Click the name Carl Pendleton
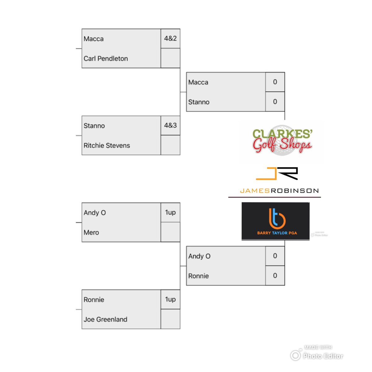[106, 59]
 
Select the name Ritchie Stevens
[107, 145]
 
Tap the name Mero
[91, 232]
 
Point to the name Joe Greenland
[105, 319]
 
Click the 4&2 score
[170, 38]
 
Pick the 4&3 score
[170, 125]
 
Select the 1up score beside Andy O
[170, 212]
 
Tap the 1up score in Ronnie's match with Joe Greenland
[170, 299]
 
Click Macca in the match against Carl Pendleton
[94, 39]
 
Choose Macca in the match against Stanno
[198, 82]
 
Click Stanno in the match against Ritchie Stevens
[94, 126]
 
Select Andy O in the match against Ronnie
[199, 256]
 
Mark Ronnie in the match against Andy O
[198, 276]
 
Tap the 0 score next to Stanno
[275, 102]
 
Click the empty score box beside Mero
[170, 232]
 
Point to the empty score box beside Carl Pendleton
[170, 58]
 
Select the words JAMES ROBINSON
[279, 191]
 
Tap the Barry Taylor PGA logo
[276, 221]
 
